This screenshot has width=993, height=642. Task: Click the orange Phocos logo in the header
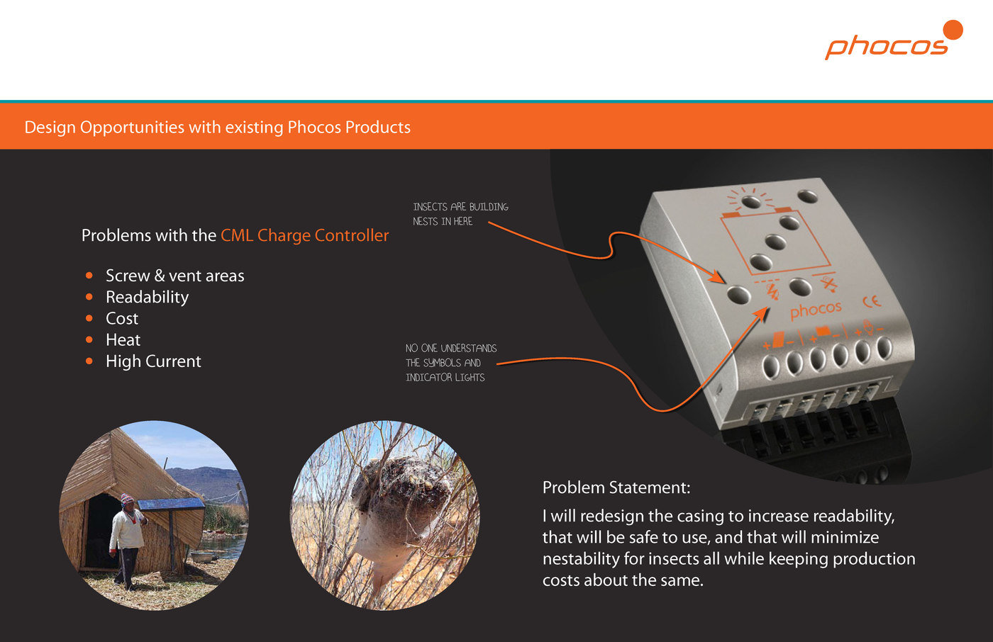tap(893, 40)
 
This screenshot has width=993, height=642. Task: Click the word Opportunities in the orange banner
tap(132, 128)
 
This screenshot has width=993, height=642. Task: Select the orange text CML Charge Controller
tap(304, 235)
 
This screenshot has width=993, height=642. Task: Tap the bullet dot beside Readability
tap(89, 297)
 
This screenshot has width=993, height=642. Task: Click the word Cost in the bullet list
tap(122, 318)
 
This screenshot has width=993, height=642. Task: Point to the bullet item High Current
tap(153, 361)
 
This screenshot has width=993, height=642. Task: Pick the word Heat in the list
tap(123, 339)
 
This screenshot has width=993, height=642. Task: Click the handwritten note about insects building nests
tap(460, 214)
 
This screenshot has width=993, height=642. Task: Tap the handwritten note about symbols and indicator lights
tap(451, 363)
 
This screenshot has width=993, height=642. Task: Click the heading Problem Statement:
tap(616, 488)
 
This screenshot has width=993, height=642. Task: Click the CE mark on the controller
tap(872, 302)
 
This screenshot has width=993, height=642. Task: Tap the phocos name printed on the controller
tap(816, 310)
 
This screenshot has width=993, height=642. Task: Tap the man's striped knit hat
tap(127, 500)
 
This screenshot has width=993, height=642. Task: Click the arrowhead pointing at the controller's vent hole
tap(716, 277)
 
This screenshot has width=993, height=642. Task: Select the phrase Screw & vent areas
tap(174, 276)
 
